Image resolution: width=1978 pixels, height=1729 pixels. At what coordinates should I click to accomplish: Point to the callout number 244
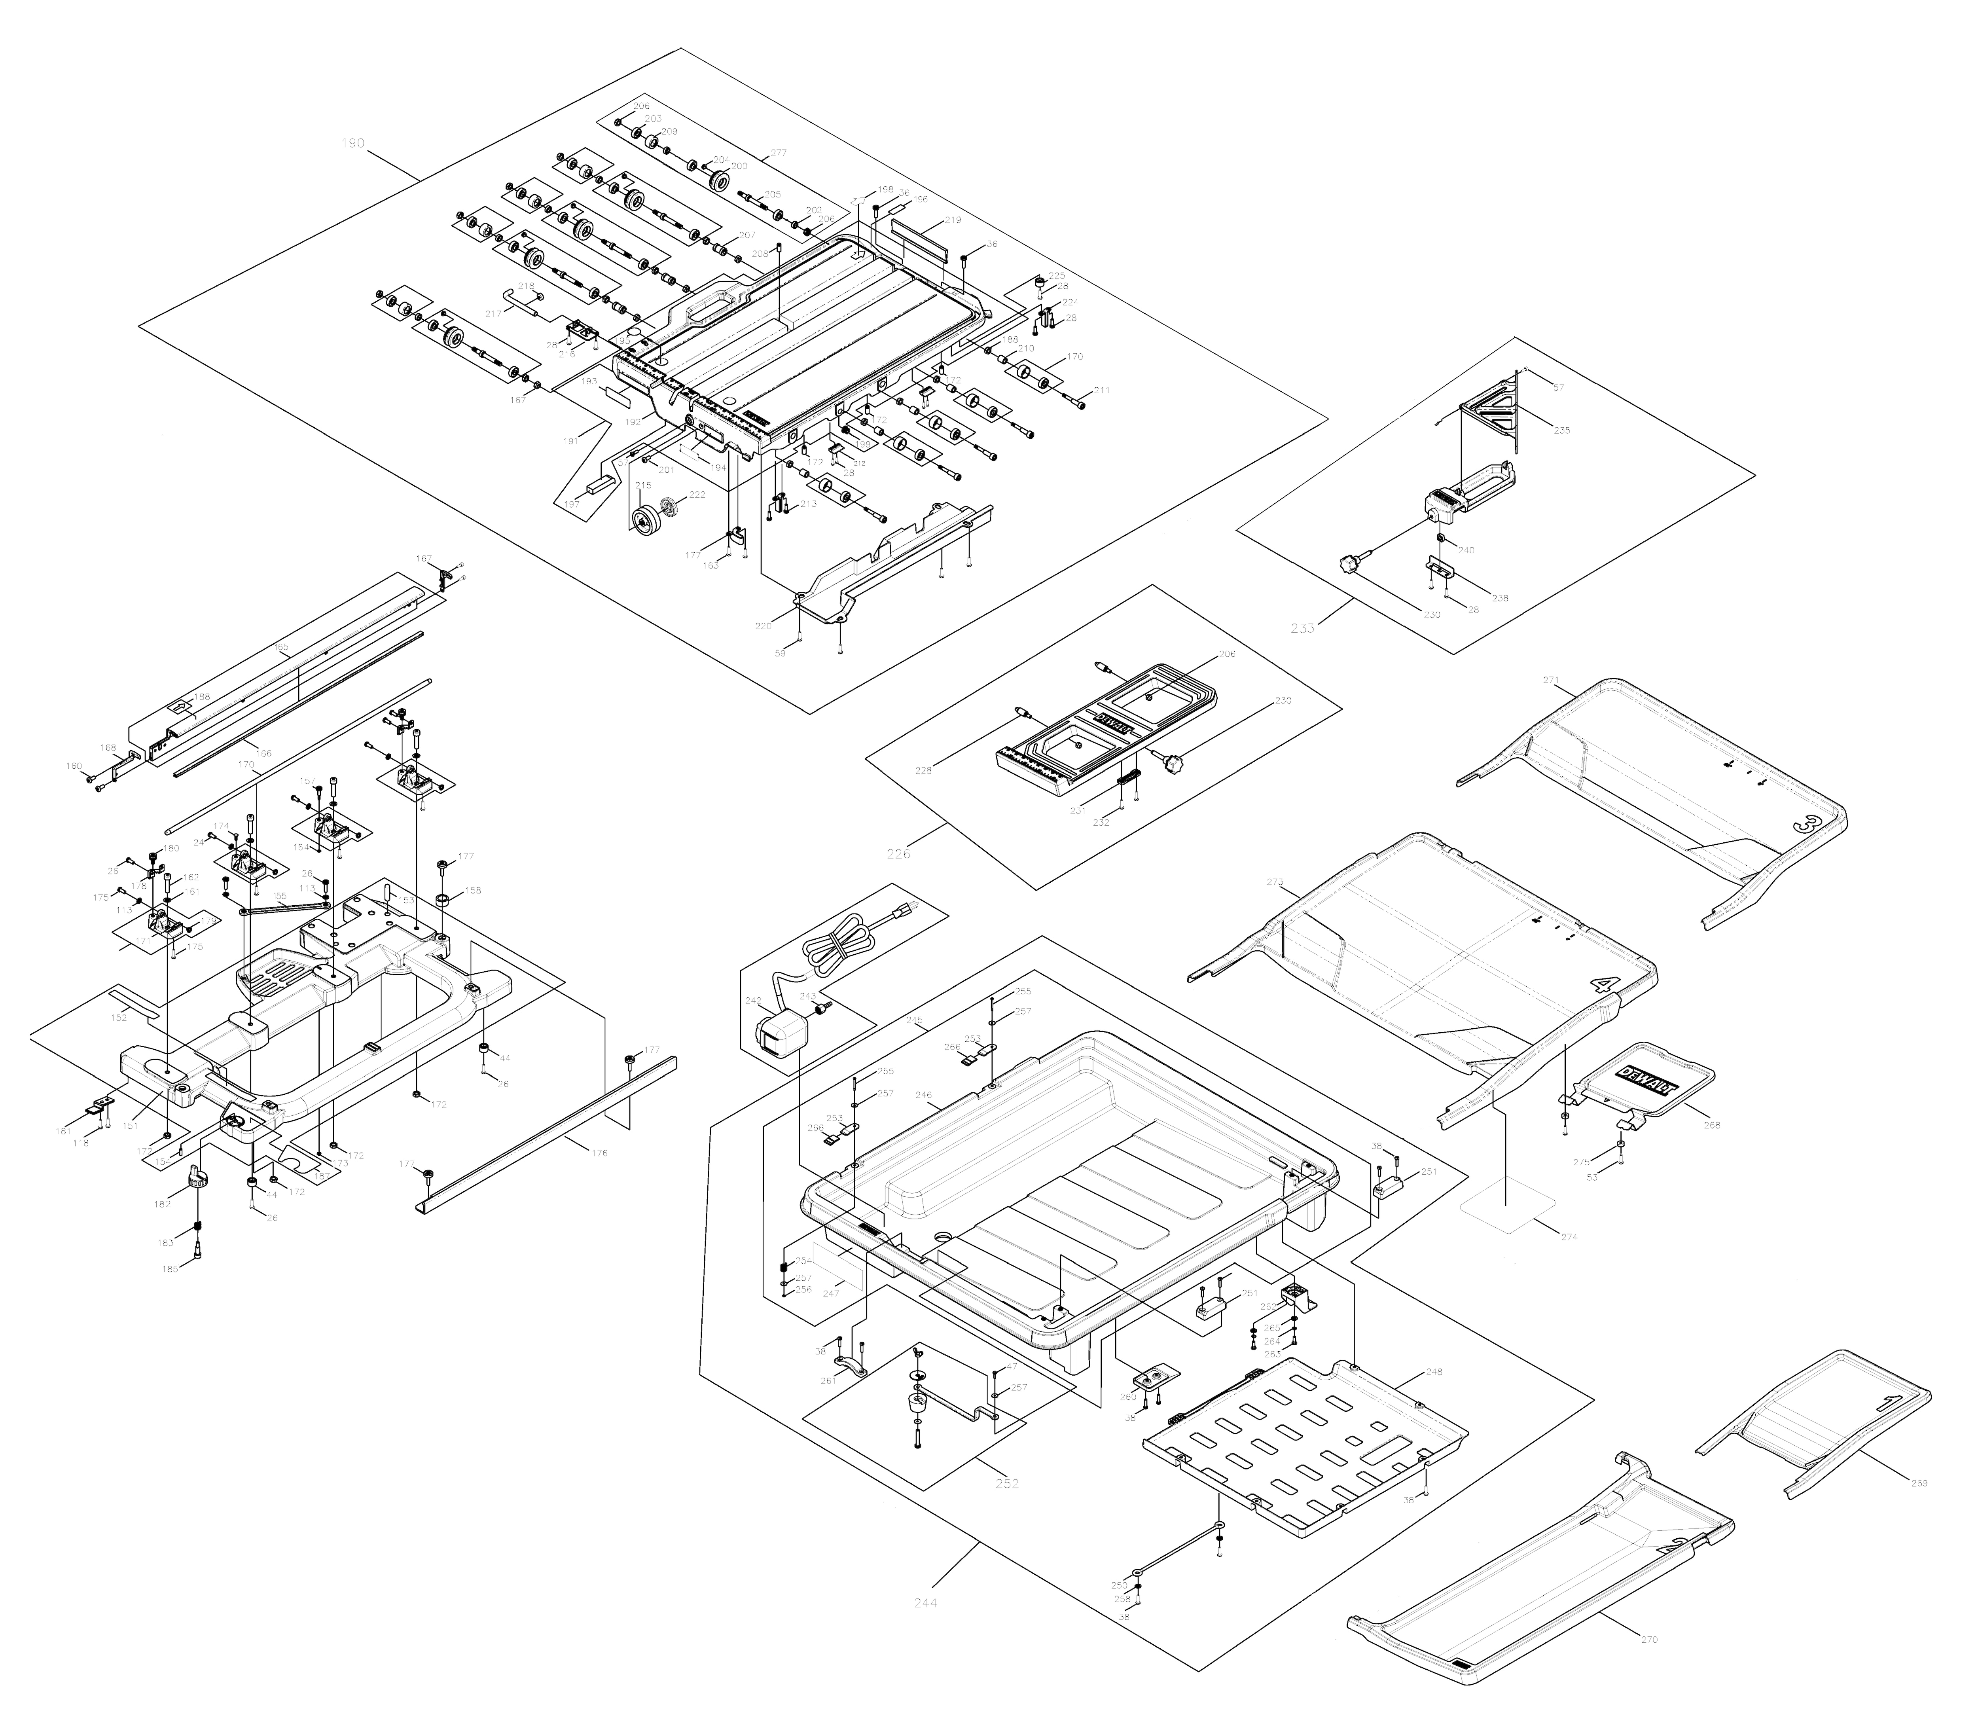[925, 1603]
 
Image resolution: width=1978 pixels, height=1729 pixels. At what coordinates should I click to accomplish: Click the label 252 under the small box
[1006, 1483]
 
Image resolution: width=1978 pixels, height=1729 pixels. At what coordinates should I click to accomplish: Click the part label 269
[1918, 1483]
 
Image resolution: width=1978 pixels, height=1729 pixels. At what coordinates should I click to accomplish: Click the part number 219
[952, 220]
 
